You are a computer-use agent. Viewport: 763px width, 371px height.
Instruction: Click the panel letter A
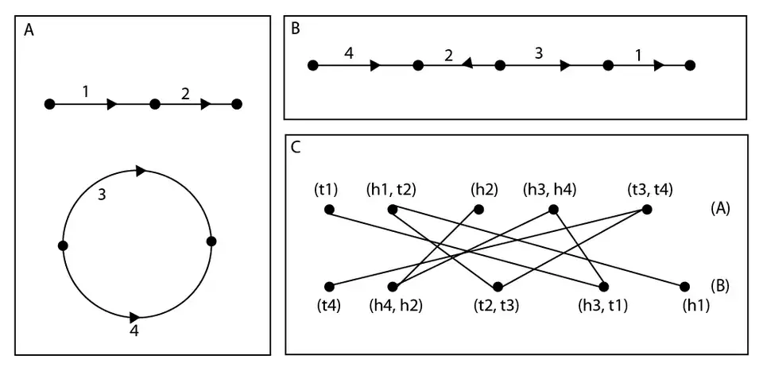(29, 30)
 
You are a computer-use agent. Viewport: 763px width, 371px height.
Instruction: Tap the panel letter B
(296, 29)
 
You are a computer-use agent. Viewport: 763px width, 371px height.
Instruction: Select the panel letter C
(296, 147)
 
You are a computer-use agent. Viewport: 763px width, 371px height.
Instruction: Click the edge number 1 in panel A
(85, 91)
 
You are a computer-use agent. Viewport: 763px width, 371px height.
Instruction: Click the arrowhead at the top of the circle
(141, 170)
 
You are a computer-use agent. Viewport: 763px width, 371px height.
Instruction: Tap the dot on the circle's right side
(211, 242)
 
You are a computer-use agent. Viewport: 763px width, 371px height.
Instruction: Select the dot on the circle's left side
(63, 246)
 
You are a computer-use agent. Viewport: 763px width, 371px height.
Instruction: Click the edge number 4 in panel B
(349, 54)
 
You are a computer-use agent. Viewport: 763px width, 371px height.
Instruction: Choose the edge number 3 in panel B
(539, 54)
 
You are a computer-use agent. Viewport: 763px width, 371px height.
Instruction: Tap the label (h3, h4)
(549, 190)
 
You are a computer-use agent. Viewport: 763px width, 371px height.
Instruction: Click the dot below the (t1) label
(330, 211)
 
